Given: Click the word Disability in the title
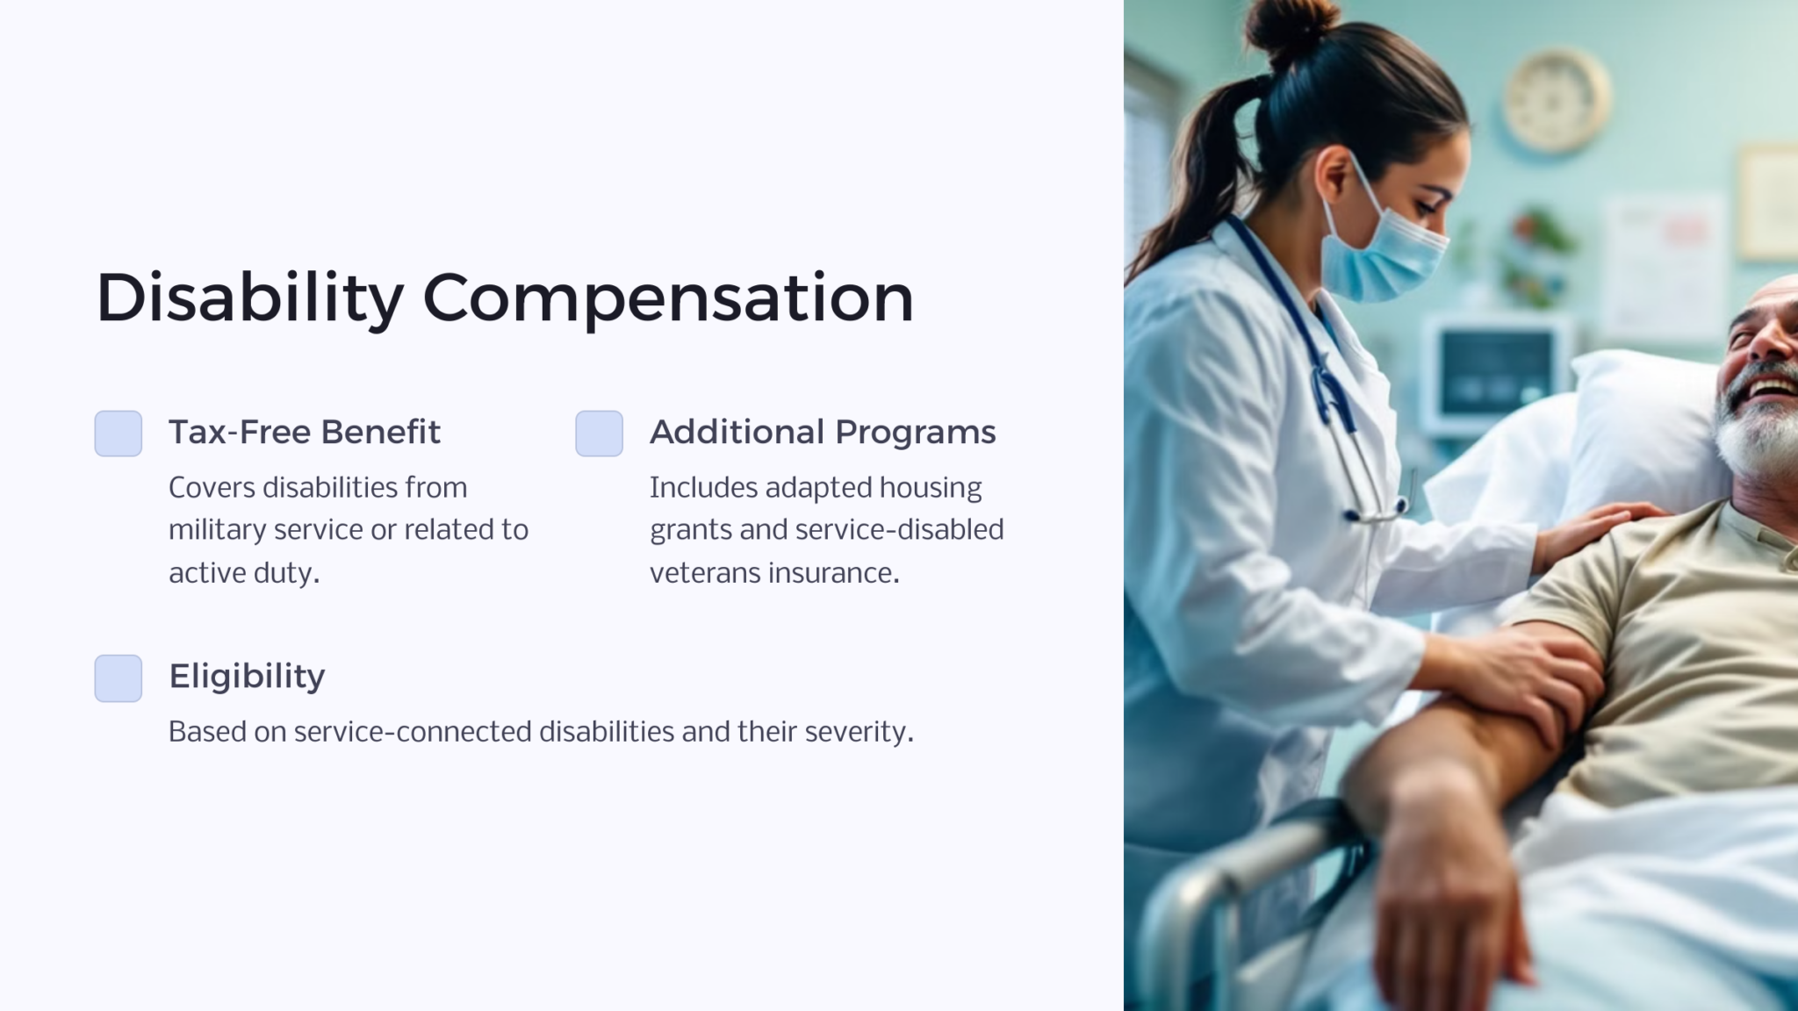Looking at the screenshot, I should pyautogui.click(x=249, y=298).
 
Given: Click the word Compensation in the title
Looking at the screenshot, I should pyautogui.click(x=668, y=298).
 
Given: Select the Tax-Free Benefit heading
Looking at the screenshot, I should pyautogui.click(x=304, y=432).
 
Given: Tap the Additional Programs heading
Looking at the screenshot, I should pyautogui.click(x=823, y=432).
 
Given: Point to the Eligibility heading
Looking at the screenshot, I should pyautogui.click(x=247, y=676).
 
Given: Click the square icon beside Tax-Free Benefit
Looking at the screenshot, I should pyautogui.click(x=119, y=434).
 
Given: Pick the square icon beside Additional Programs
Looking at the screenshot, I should pyautogui.click(x=600, y=434).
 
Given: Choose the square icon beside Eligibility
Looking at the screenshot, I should pyautogui.click(x=119, y=678).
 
